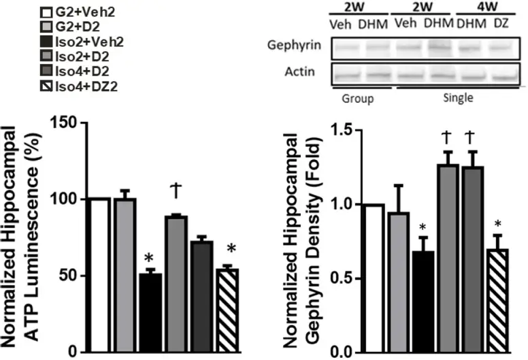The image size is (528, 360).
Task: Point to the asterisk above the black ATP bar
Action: pos(150,259)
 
